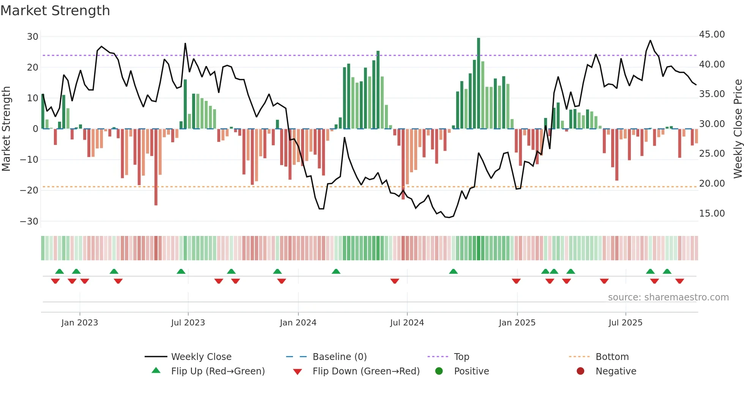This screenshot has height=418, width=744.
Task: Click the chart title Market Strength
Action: click(55, 11)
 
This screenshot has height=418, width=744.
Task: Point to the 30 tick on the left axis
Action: click(33, 37)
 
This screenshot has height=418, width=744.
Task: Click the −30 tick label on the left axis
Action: click(29, 221)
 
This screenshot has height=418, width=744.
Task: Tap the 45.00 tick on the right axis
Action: click(712, 35)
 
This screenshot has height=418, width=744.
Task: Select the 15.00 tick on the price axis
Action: click(712, 214)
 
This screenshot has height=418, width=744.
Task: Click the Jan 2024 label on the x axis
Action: click(298, 323)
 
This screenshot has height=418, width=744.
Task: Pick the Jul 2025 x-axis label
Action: click(625, 323)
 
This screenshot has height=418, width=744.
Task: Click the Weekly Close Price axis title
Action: click(738, 129)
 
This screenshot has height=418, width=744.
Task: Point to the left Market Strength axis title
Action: click(6, 129)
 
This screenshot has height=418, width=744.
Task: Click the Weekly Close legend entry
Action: click(201, 357)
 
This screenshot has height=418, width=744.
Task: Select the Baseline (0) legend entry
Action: click(339, 357)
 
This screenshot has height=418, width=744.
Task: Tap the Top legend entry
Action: click(461, 357)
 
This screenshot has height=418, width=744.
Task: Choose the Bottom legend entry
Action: click(612, 357)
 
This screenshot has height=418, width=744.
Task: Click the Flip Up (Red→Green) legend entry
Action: click(218, 371)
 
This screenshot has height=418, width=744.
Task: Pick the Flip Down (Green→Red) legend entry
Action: click(366, 371)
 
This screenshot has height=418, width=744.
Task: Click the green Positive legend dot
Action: click(439, 371)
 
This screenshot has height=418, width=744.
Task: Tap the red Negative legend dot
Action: click(580, 371)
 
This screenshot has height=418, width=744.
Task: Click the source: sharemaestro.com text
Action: click(668, 297)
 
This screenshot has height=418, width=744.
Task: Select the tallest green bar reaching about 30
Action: click(479, 83)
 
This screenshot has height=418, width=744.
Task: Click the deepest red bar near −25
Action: click(156, 167)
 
